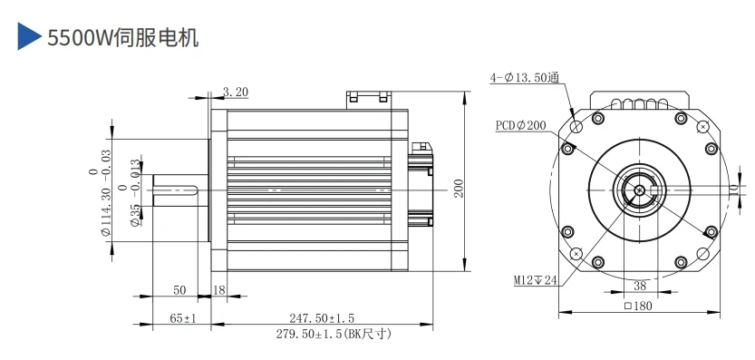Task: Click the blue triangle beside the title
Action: coord(28,36)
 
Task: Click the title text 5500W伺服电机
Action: coord(122,37)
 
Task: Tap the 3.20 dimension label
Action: coord(236,92)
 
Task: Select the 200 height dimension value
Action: coord(459,189)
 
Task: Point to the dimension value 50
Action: coord(179,289)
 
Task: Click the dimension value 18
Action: coord(219,289)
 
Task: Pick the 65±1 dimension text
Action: coord(183,318)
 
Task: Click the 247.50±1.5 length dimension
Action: coord(322,318)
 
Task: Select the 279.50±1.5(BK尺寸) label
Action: coord(334,334)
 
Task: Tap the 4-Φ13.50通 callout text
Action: coord(525,78)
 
